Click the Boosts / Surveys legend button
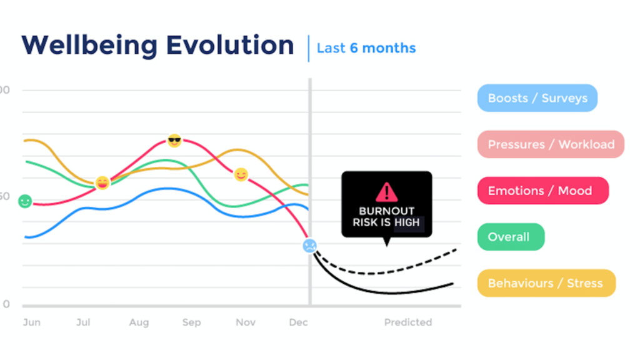tap(537, 98)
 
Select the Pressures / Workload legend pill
tap(551, 144)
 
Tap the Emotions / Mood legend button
tap(543, 191)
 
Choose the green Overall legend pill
tap(511, 237)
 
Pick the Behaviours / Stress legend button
tap(546, 283)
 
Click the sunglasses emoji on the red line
tap(174, 141)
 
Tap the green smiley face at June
tap(25, 201)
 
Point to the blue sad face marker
tap(310, 246)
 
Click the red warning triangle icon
tap(386, 192)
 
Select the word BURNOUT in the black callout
tap(386, 211)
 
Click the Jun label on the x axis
tap(32, 322)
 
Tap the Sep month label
tap(191, 322)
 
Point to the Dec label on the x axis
tap(298, 322)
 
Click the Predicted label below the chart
tap(407, 322)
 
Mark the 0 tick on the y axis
tap(6, 304)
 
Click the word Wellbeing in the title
tap(89, 46)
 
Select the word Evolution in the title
tap(230, 45)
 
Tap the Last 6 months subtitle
tap(366, 48)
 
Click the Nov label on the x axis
tap(245, 322)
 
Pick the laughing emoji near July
tap(102, 183)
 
